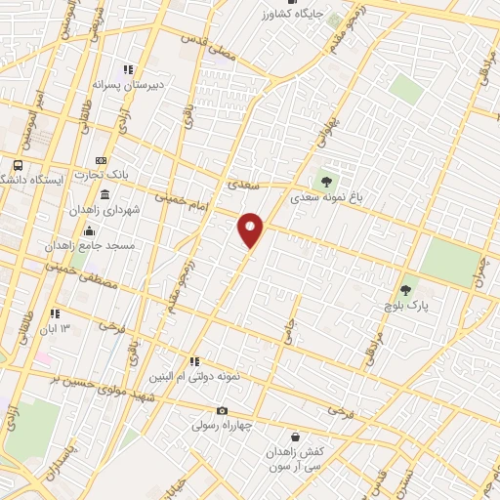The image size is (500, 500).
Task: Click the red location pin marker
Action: point(251,230)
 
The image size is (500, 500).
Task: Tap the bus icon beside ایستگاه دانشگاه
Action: point(18,165)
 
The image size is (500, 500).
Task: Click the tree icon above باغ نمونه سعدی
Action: point(325,180)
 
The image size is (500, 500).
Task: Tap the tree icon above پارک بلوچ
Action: point(405,290)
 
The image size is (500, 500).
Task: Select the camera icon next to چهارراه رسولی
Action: point(222,410)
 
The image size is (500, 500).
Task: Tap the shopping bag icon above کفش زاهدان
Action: point(295,437)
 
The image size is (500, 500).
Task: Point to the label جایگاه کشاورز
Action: point(293,14)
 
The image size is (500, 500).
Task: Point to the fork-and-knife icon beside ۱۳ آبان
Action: point(56,313)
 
